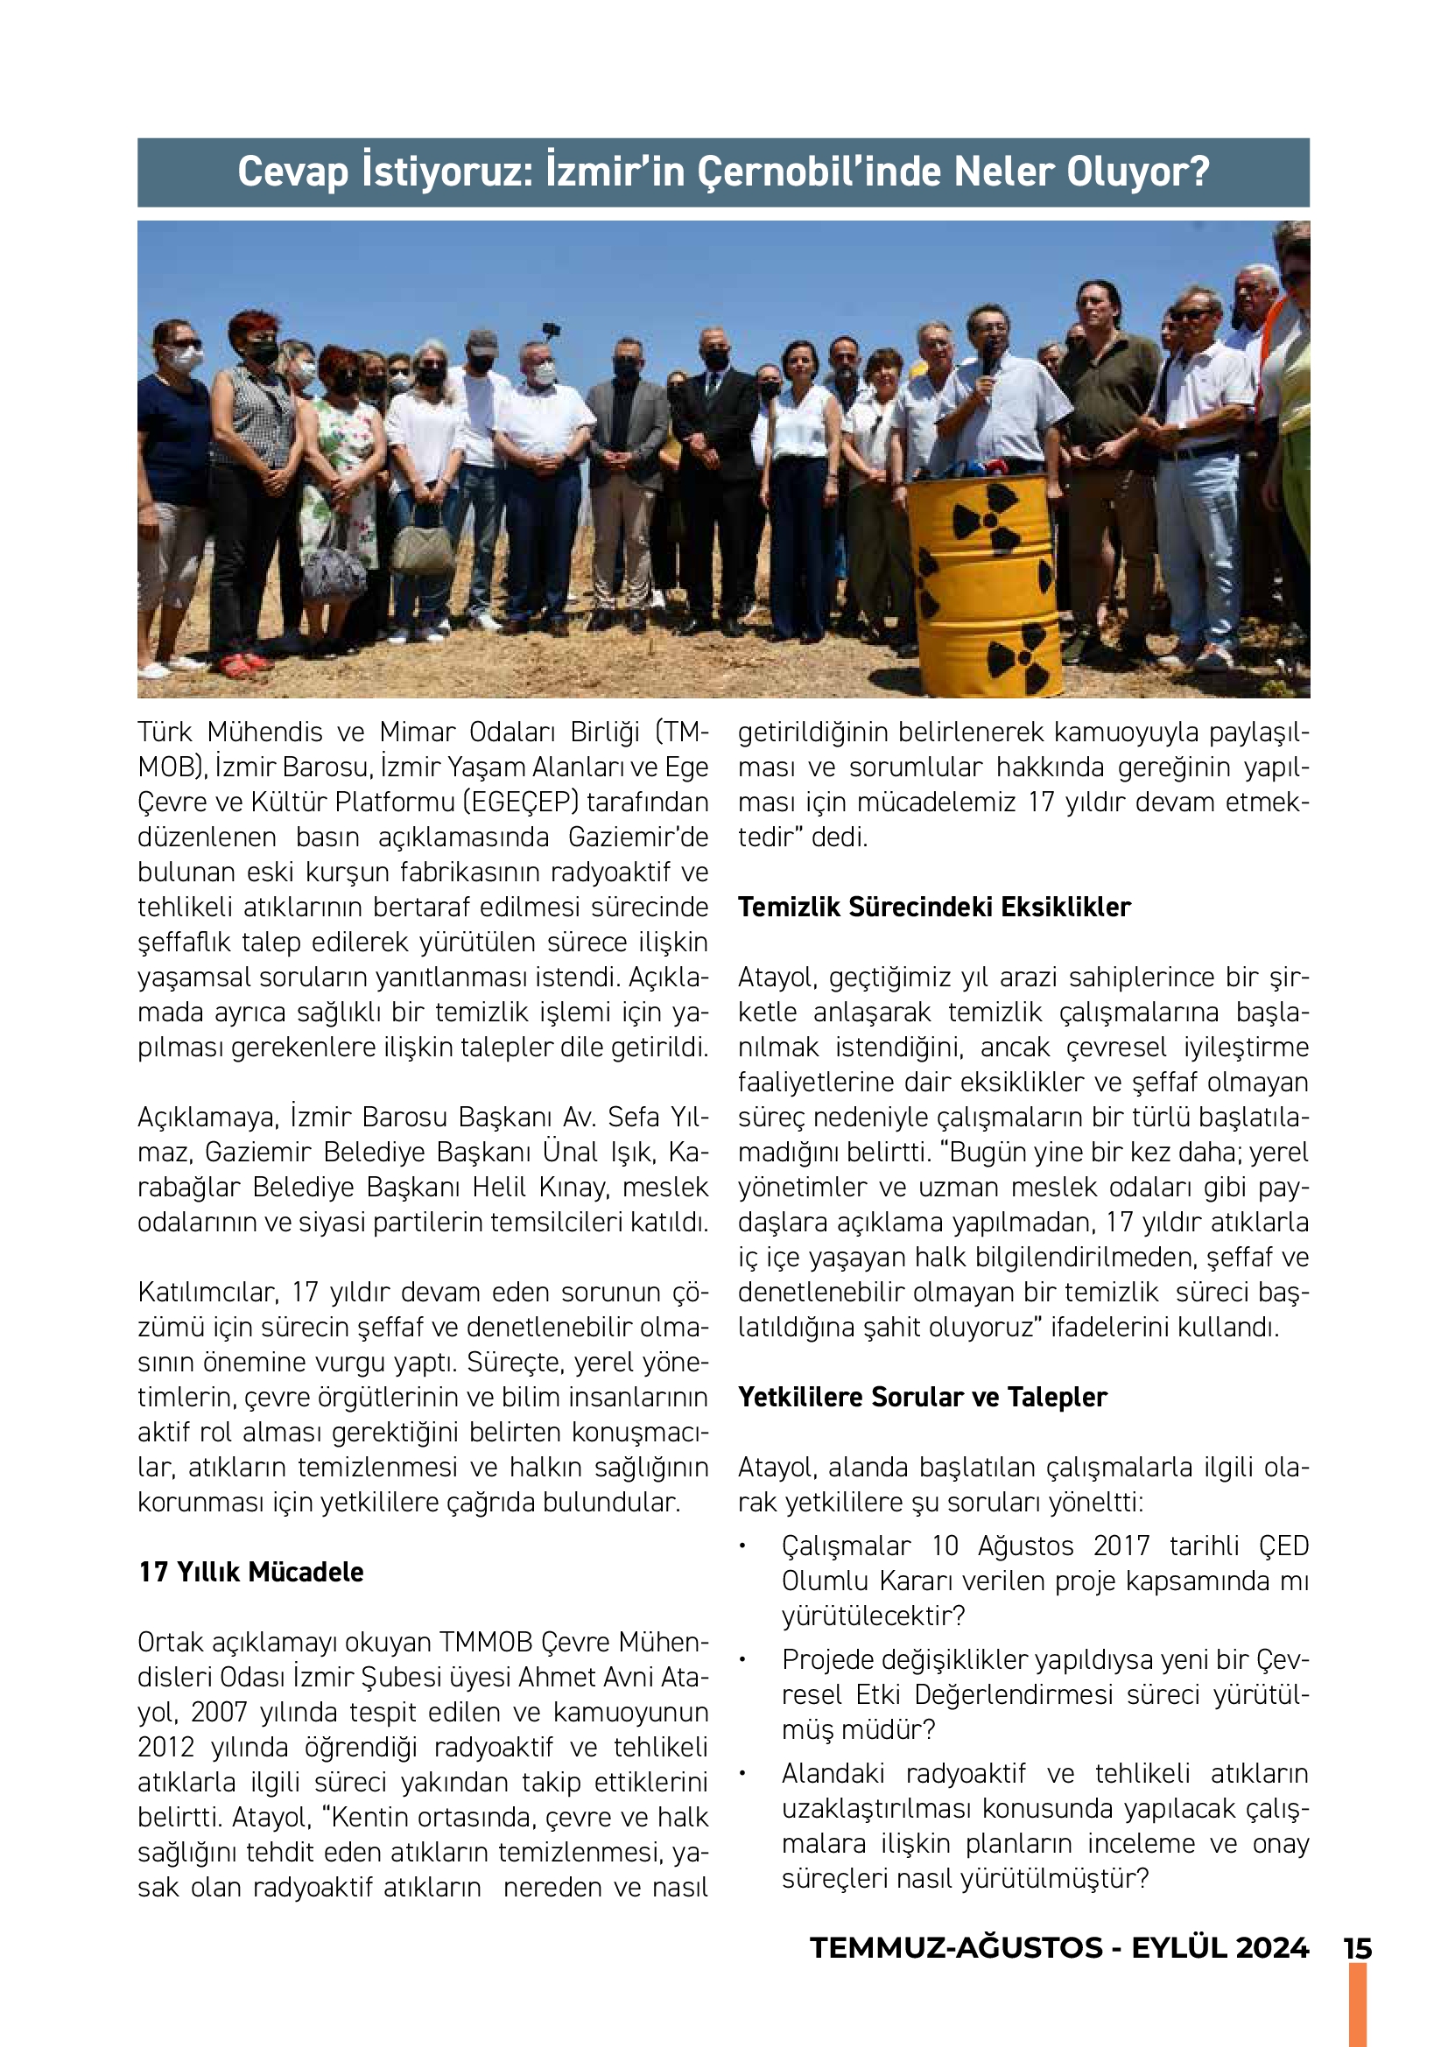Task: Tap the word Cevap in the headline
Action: coord(292,172)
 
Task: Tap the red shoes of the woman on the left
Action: coord(243,663)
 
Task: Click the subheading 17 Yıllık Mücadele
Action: coord(251,1571)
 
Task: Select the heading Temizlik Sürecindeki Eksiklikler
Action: coord(933,907)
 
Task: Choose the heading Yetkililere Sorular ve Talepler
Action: coord(922,1396)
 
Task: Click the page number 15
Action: coord(1357,1948)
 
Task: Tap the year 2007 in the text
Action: coord(219,1712)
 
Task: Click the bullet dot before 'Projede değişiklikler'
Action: coord(742,1659)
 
